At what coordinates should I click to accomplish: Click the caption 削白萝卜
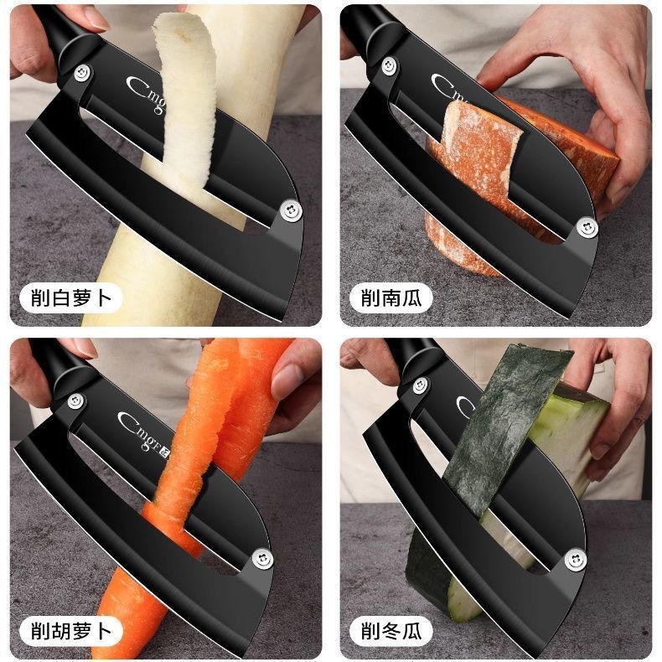click(x=70, y=297)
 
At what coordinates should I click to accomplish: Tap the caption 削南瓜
click(x=391, y=297)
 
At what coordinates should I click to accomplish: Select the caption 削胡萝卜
click(x=70, y=630)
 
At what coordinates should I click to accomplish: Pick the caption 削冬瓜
click(x=391, y=630)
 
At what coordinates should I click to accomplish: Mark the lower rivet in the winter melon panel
click(x=574, y=558)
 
